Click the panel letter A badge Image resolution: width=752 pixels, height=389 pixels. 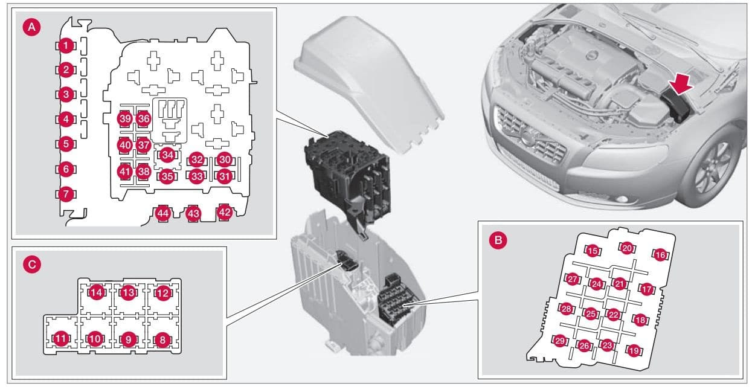tap(31, 27)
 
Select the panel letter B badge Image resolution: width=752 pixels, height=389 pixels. tap(498, 240)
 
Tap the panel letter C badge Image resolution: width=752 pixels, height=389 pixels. tap(32, 265)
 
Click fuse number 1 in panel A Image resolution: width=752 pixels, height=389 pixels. tap(66, 46)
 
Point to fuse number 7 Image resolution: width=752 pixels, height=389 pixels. tap(66, 194)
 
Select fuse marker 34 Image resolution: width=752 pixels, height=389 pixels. tap(167, 155)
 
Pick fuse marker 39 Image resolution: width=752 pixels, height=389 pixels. tap(125, 119)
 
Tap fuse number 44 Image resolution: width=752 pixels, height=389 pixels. tap(163, 213)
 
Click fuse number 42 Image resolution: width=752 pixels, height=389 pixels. tap(225, 212)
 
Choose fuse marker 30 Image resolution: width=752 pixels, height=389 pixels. tap(225, 159)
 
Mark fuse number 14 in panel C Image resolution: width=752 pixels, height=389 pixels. tap(97, 293)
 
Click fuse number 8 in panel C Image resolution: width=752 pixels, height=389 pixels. tap(163, 340)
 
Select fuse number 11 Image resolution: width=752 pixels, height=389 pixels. tap(61, 339)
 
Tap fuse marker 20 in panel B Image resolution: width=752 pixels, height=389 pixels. tap(627, 248)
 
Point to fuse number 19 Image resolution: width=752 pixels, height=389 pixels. tap(634, 351)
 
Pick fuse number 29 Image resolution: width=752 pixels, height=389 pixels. tap(560, 341)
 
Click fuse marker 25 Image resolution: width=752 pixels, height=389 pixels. tap(591, 314)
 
